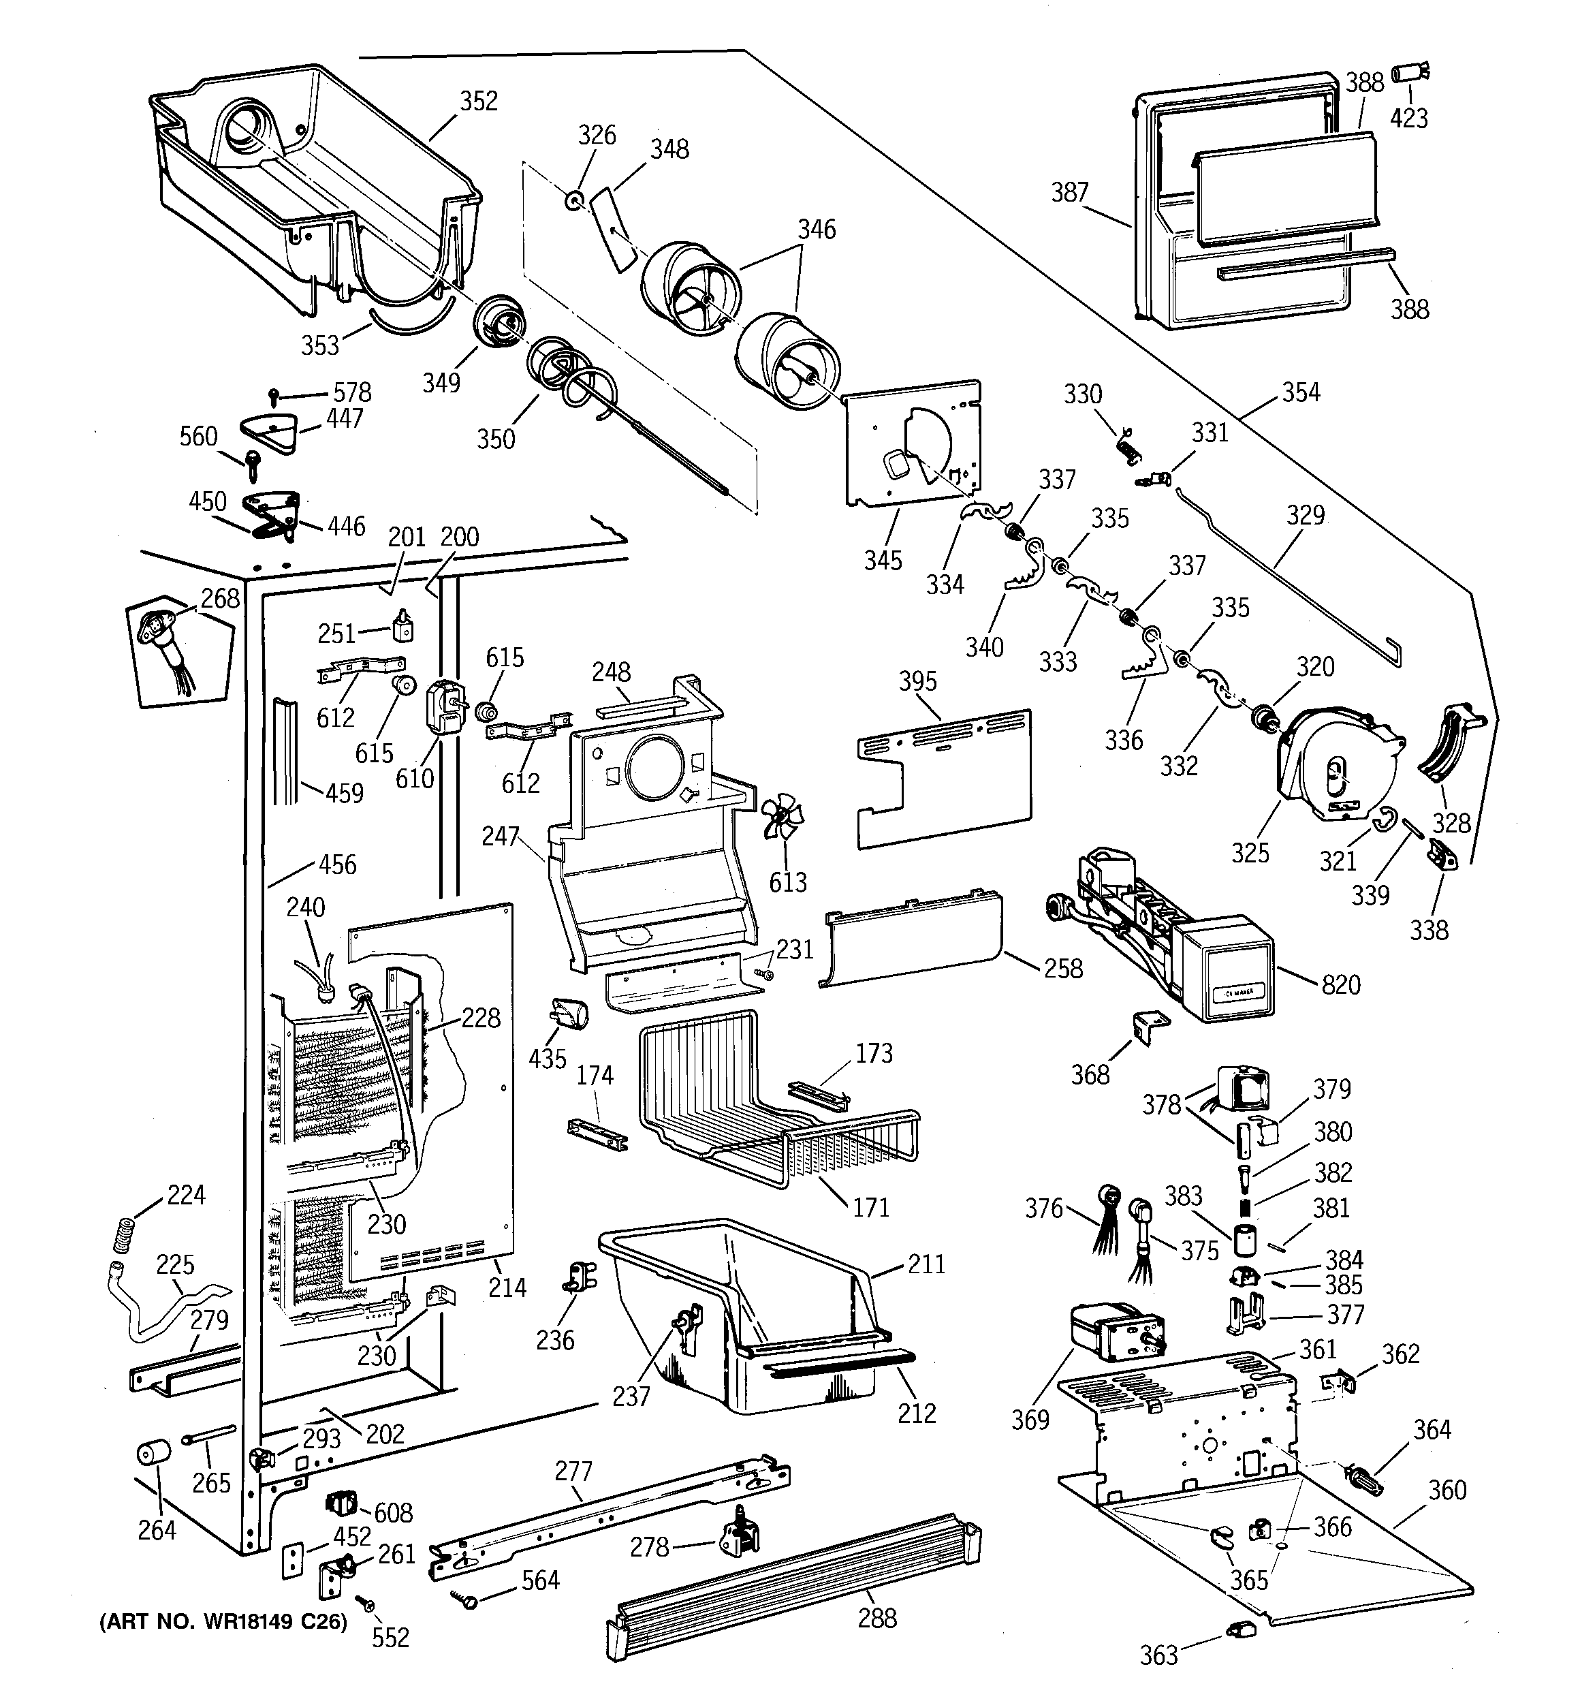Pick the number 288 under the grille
click(x=877, y=1617)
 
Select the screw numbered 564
click(x=467, y=1599)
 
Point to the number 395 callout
click(x=917, y=681)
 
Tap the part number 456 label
click(x=338, y=864)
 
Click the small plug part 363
click(x=1239, y=1626)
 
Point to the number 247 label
click(x=499, y=837)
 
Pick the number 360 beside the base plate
click(x=1447, y=1489)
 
